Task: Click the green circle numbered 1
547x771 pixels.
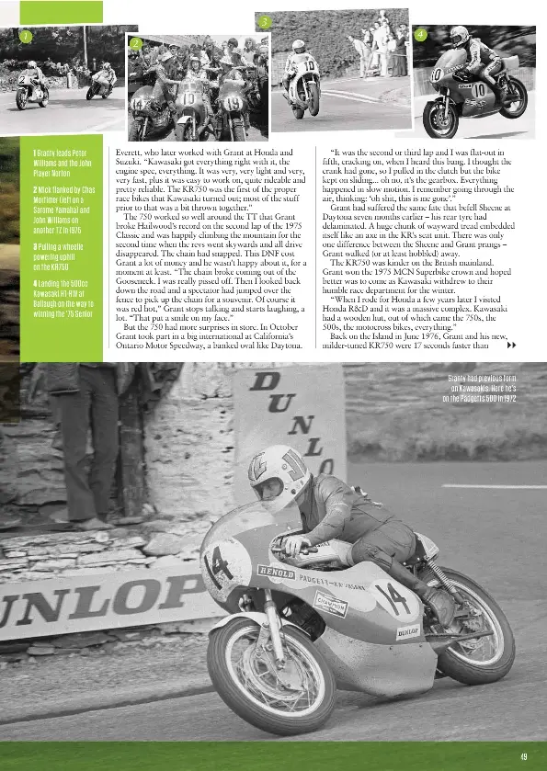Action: (26, 36)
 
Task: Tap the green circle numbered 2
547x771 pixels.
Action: (135, 43)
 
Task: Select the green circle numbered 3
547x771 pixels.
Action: (264, 21)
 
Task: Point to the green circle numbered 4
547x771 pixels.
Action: (419, 34)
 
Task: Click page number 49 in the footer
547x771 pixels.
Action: (524, 756)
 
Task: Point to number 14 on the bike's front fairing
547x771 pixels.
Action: (220, 566)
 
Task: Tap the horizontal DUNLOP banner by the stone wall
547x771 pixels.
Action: (92, 607)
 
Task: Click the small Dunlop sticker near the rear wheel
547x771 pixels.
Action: (407, 631)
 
